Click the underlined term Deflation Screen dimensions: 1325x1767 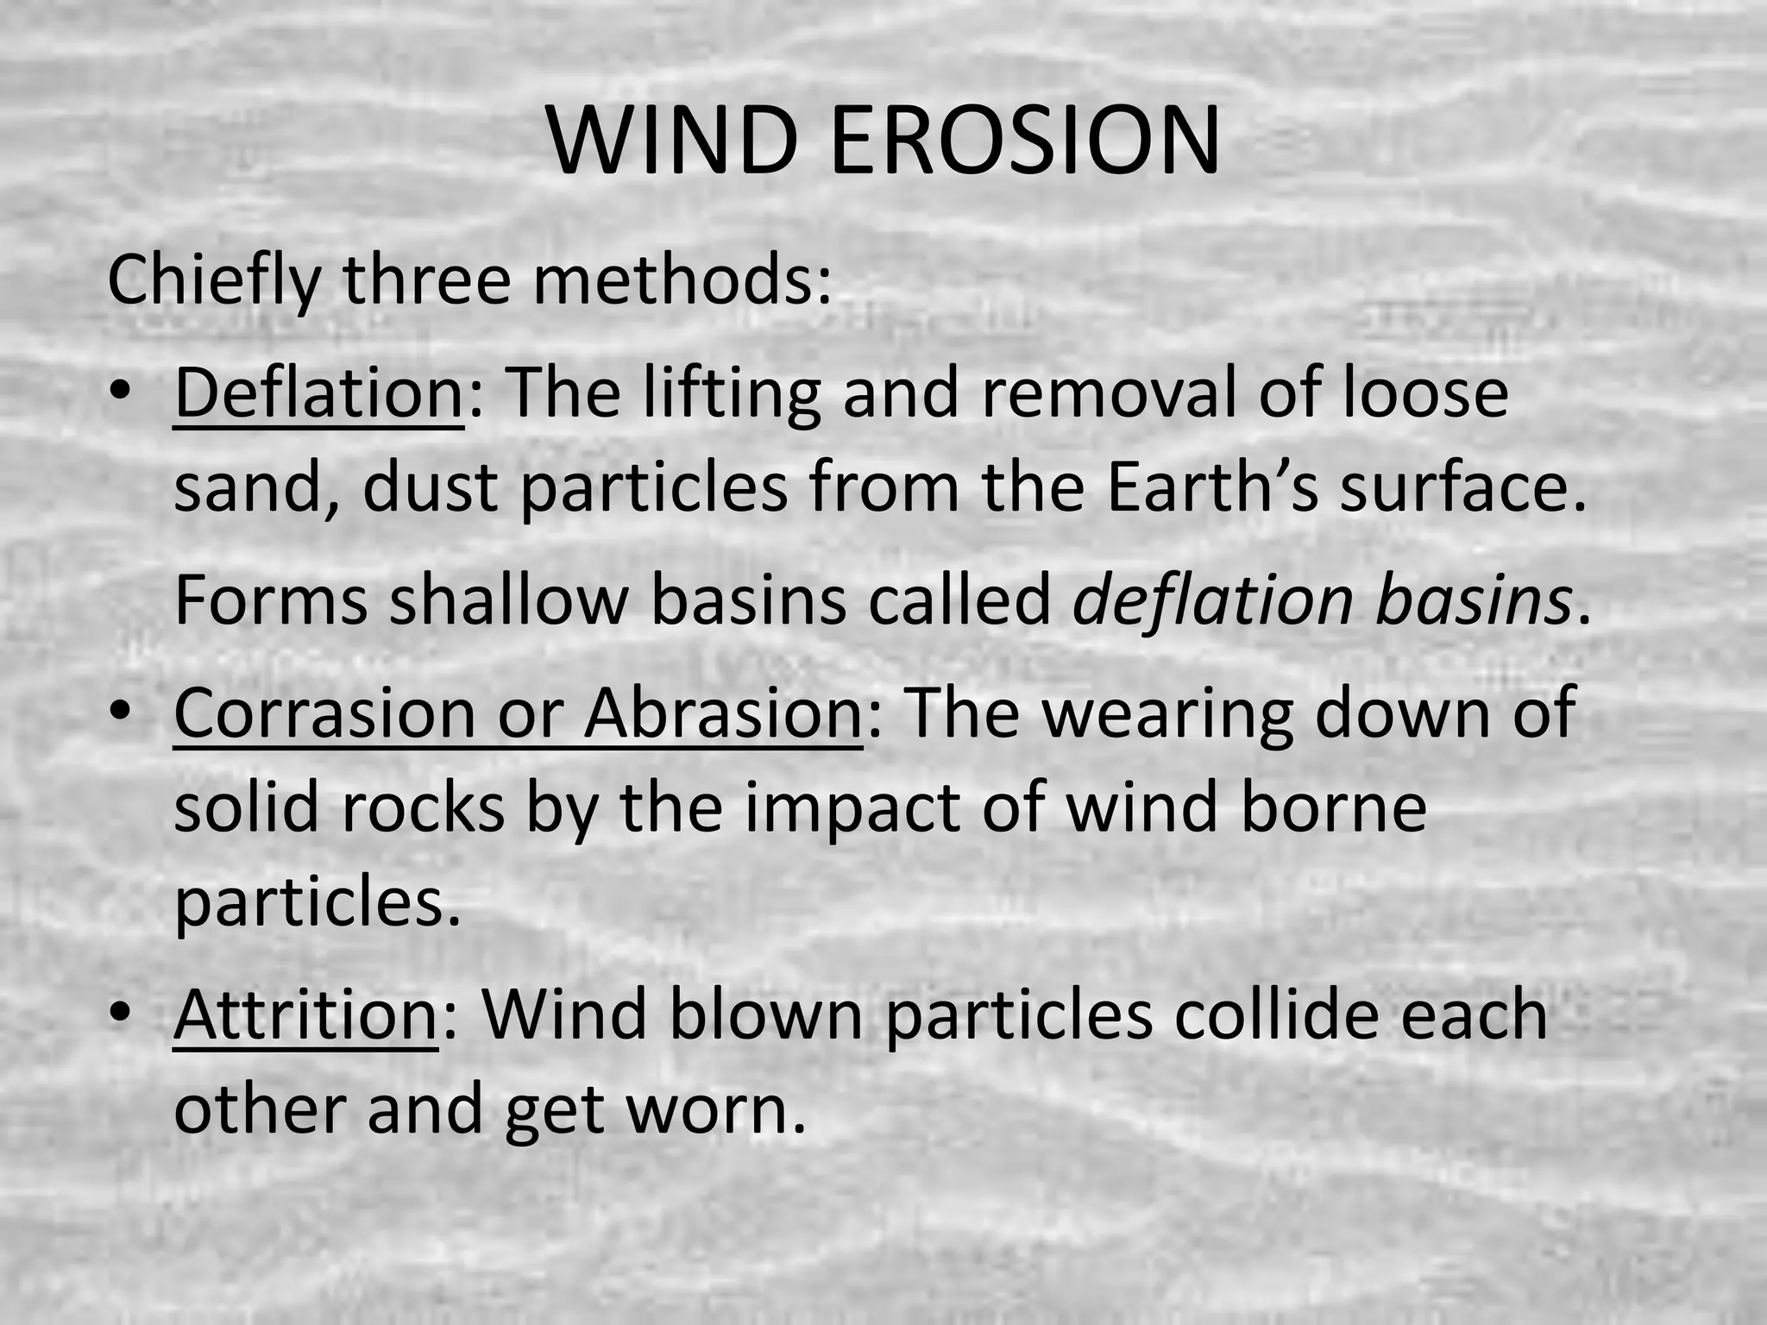pos(318,393)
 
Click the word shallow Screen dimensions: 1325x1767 pos(508,600)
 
